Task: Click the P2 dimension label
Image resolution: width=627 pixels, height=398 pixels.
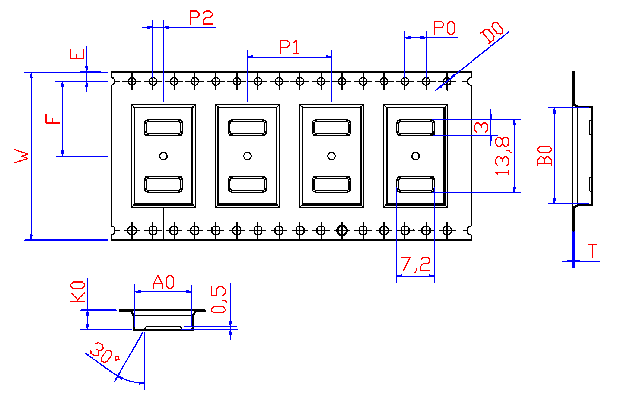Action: coord(201,18)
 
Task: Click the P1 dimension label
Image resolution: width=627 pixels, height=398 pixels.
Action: coord(289,47)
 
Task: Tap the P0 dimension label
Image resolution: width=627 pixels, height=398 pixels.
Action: coord(444,28)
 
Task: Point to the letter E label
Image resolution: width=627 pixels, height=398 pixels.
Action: coord(77,54)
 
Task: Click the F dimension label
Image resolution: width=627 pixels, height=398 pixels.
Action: coord(52,119)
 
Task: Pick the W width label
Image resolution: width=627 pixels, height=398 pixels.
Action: coord(22,156)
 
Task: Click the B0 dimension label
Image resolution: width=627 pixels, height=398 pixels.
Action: coord(545,155)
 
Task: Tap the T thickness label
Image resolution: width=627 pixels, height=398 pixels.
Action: coord(592,251)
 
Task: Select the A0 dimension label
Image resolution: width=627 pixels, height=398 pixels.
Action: coord(163,282)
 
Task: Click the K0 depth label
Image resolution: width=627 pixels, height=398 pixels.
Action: coord(78,292)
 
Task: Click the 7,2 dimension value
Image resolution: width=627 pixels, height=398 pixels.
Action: coord(416,264)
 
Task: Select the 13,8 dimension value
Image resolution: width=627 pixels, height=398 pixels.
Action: coord(502,156)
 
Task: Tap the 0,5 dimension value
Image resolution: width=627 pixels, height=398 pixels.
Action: coord(219,300)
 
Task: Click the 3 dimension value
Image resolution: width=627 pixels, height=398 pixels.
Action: coord(481,127)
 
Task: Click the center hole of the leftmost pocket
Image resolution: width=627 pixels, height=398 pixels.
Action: coord(163,156)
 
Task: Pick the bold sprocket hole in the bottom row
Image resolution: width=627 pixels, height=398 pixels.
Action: coord(342,230)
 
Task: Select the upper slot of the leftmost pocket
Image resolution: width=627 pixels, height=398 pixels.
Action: coord(163,127)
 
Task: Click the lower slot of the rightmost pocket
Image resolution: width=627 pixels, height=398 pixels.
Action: coord(416,184)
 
